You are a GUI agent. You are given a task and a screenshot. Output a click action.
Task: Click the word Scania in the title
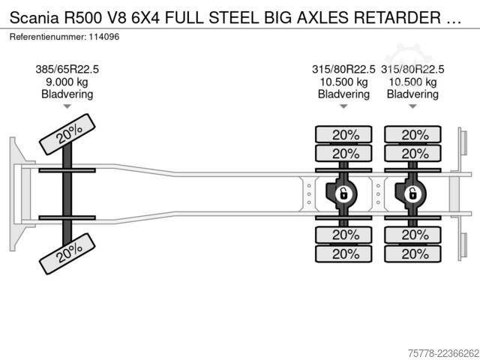click(x=34, y=18)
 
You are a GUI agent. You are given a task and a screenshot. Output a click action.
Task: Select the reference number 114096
click(x=104, y=37)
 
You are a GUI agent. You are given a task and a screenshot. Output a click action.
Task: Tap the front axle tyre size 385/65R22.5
click(x=67, y=70)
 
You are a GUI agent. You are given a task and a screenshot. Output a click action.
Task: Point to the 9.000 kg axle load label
click(x=67, y=82)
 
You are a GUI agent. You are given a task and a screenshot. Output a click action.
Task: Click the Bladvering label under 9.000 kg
click(x=67, y=94)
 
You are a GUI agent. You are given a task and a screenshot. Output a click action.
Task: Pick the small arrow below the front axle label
click(x=67, y=106)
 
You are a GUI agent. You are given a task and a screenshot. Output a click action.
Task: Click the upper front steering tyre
click(x=67, y=134)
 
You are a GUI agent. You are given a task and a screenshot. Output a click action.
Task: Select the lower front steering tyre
click(x=67, y=253)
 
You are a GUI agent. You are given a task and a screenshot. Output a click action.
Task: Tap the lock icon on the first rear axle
click(x=343, y=193)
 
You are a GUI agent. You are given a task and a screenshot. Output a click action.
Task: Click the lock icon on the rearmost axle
click(x=412, y=193)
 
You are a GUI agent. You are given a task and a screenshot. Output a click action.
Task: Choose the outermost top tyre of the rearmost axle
click(x=412, y=134)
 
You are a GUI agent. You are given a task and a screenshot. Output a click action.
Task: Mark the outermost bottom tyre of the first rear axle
click(x=343, y=253)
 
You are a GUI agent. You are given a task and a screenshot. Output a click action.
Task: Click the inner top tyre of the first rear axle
click(x=343, y=153)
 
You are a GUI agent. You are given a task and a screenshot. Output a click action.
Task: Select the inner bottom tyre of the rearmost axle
click(x=412, y=235)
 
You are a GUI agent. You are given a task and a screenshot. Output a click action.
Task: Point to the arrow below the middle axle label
click(x=343, y=106)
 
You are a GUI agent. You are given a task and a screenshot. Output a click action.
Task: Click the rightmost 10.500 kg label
click(x=412, y=82)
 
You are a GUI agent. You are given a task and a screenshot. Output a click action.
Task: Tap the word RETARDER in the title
click(x=397, y=18)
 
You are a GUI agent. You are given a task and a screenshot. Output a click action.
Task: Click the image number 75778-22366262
click(x=443, y=353)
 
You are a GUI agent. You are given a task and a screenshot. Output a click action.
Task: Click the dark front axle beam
click(x=67, y=194)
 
